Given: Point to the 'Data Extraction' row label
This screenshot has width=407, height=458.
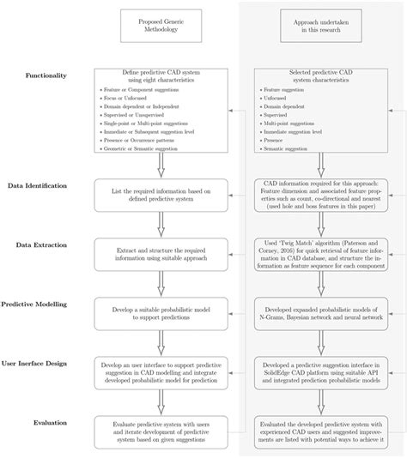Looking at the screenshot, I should pyautogui.click(x=38, y=244).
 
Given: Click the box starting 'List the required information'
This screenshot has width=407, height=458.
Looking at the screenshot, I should pyautogui.click(x=160, y=190).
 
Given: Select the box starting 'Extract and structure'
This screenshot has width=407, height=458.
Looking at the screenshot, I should pyautogui.click(x=160, y=250).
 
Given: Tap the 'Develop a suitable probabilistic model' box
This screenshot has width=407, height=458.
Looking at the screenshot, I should pyautogui.click(x=160, y=310).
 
